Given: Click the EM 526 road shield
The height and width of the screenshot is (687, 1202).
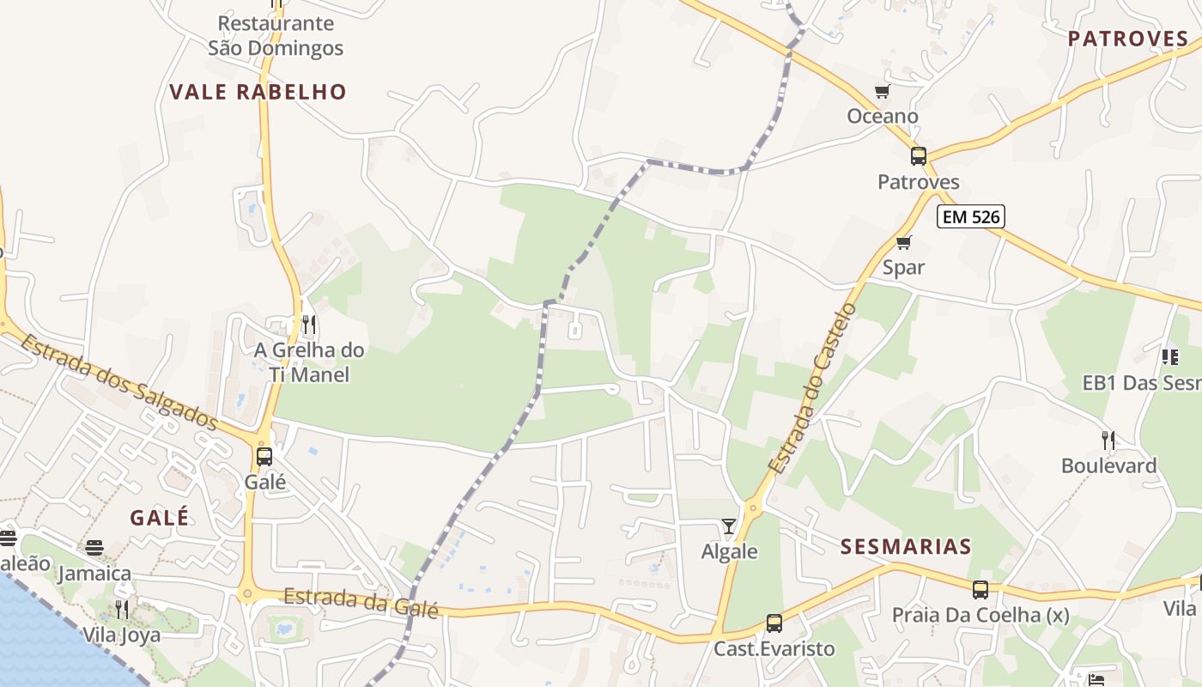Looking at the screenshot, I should click(x=971, y=216).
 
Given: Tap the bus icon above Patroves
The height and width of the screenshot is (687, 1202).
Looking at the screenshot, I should click(x=919, y=156).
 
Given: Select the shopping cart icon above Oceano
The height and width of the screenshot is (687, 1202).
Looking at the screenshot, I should click(x=882, y=91).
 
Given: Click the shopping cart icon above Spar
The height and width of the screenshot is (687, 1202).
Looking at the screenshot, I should click(x=903, y=243).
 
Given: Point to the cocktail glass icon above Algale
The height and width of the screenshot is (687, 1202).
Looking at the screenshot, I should click(x=729, y=526).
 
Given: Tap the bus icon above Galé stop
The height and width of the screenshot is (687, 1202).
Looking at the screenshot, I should click(x=264, y=456).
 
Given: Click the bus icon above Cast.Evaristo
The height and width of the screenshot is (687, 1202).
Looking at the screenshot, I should click(x=774, y=623).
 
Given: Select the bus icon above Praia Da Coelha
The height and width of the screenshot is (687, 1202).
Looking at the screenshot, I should click(x=980, y=590).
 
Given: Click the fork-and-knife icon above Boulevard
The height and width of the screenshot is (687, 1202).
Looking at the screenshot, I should click(x=1108, y=441).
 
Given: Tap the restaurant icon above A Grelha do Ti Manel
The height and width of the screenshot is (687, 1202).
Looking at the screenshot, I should click(x=309, y=325).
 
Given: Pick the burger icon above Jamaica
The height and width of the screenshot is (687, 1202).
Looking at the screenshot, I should click(x=94, y=548).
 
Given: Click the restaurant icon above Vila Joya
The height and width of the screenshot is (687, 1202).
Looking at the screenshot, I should click(x=122, y=610).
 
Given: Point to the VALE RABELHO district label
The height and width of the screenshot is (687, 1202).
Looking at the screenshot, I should click(x=258, y=92).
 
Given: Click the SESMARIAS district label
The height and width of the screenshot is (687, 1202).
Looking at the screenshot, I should click(x=906, y=547).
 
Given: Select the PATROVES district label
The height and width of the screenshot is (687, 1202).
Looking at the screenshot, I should click(x=1128, y=39).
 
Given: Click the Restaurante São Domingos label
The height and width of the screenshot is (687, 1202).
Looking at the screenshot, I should click(x=276, y=35).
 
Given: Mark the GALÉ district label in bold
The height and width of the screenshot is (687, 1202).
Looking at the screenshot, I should click(x=159, y=518).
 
